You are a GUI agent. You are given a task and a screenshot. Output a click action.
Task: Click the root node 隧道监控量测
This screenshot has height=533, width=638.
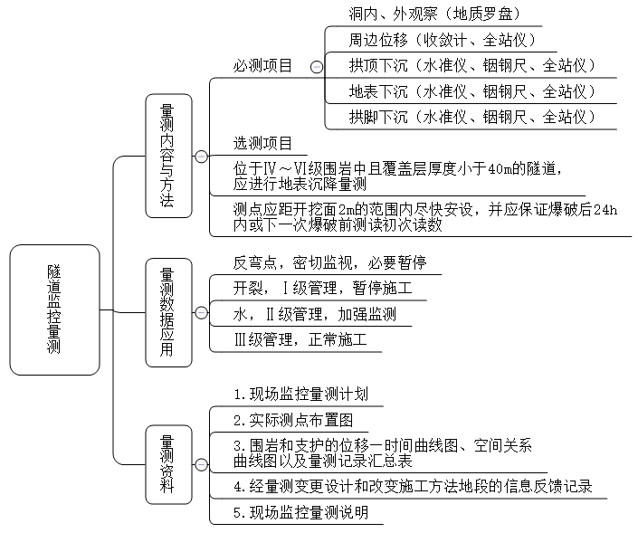point(54,309)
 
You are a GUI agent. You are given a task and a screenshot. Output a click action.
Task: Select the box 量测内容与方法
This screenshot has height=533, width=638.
point(168,156)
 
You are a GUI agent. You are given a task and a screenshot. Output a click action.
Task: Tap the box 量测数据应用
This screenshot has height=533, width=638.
point(168,312)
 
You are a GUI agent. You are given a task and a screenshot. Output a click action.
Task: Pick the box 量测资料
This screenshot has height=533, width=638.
point(168,464)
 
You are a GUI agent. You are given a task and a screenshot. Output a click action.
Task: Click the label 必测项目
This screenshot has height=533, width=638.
point(262,66)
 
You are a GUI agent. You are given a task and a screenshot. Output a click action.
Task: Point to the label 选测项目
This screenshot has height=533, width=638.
point(262,143)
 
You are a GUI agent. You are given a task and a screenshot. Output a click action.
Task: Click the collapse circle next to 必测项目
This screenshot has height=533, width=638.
point(315,66)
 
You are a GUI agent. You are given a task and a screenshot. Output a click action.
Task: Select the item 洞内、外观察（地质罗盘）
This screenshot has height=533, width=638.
point(433,14)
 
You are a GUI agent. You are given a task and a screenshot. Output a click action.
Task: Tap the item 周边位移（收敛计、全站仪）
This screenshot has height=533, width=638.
point(443,41)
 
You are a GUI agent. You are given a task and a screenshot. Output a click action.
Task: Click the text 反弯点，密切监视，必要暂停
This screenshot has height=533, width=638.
point(329,263)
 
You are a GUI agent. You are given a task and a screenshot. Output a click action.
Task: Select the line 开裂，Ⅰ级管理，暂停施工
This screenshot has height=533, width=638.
point(322,289)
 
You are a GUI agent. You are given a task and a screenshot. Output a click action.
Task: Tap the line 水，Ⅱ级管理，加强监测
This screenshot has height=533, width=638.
point(314,314)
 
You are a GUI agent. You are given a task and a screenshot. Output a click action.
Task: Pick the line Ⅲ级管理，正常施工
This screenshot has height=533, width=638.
point(300,340)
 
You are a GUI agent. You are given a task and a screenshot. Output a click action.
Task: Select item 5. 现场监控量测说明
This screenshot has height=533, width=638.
point(300,512)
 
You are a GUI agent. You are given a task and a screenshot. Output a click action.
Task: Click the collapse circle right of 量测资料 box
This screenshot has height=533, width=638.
point(201,464)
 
